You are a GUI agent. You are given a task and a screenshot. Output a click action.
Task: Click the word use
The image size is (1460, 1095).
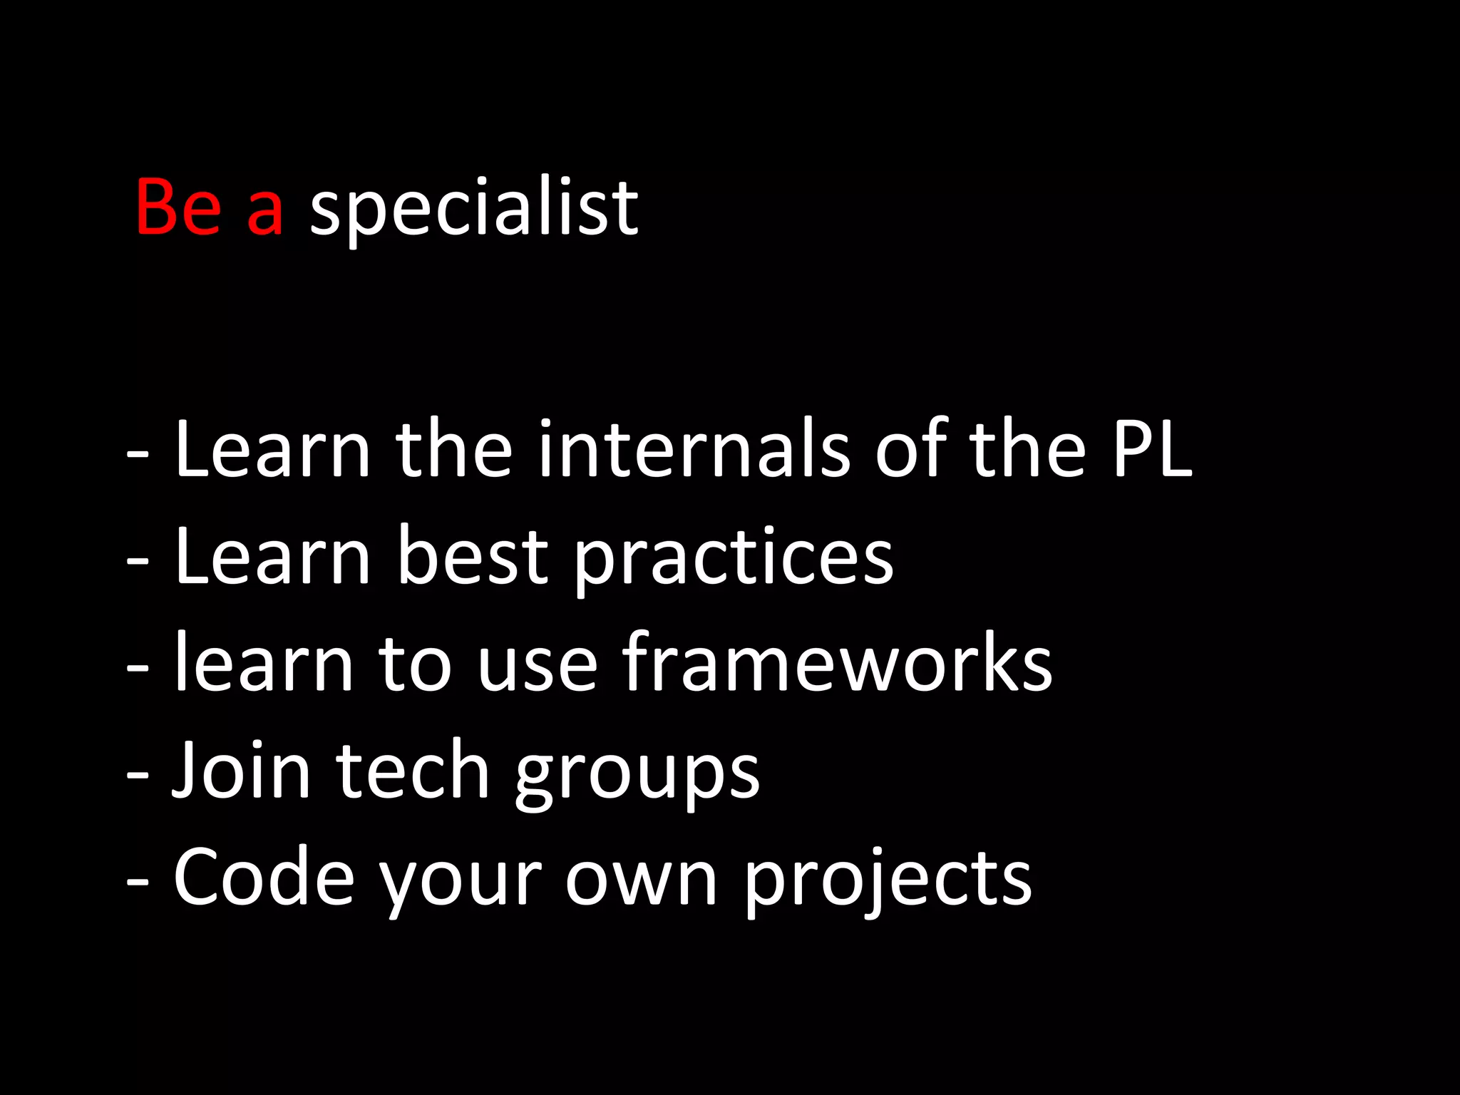[x=537, y=670]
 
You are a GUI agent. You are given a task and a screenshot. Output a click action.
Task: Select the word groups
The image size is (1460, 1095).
[x=637, y=777]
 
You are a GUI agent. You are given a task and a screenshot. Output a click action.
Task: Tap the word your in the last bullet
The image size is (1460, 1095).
[x=460, y=884]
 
